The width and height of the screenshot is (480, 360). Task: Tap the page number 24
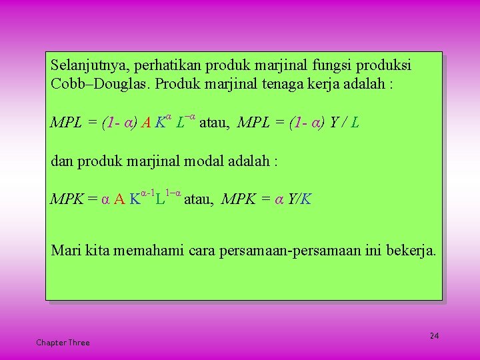(x=434, y=335)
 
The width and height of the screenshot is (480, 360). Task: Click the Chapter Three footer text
(x=63, y=343)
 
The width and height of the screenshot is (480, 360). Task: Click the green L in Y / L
(x=355, y=123)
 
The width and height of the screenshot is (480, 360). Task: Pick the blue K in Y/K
(x=306, y=199)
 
